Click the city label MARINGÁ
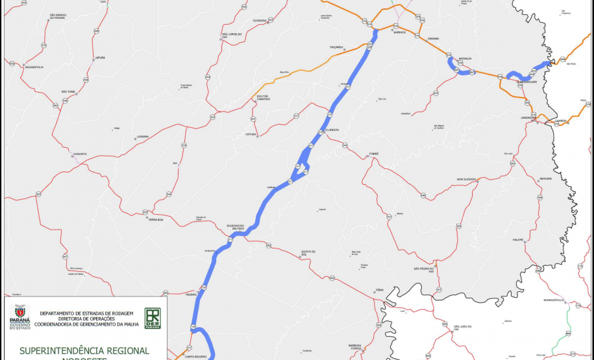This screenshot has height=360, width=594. click(399, 32)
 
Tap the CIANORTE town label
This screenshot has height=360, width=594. click(80, 154)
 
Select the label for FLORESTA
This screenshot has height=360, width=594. click(332, 130)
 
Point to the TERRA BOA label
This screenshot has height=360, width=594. click(156, 219)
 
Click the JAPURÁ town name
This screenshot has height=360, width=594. click(99, 58)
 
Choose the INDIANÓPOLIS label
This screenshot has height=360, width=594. click(34, 67)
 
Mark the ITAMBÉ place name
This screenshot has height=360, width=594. click(373, 154)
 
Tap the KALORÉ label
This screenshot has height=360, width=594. click(518, 239)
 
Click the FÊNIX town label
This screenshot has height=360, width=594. click(380, 291)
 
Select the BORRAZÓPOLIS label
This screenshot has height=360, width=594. click(555, 301)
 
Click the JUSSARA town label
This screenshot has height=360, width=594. click(142, 137)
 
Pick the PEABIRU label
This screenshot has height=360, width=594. click(191, 294)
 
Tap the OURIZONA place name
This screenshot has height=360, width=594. click(260, 21)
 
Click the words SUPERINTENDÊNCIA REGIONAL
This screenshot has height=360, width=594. click(84, 350)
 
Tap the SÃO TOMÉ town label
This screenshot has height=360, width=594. click(68, 91)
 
